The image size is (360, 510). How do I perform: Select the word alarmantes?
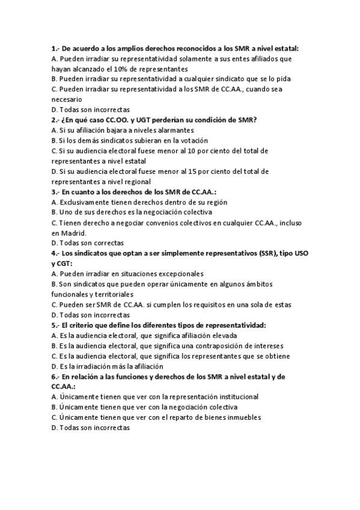tap(174, 130)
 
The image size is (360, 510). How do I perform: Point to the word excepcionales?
tap(175, 274)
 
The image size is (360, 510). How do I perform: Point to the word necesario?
tap(68, 99)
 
